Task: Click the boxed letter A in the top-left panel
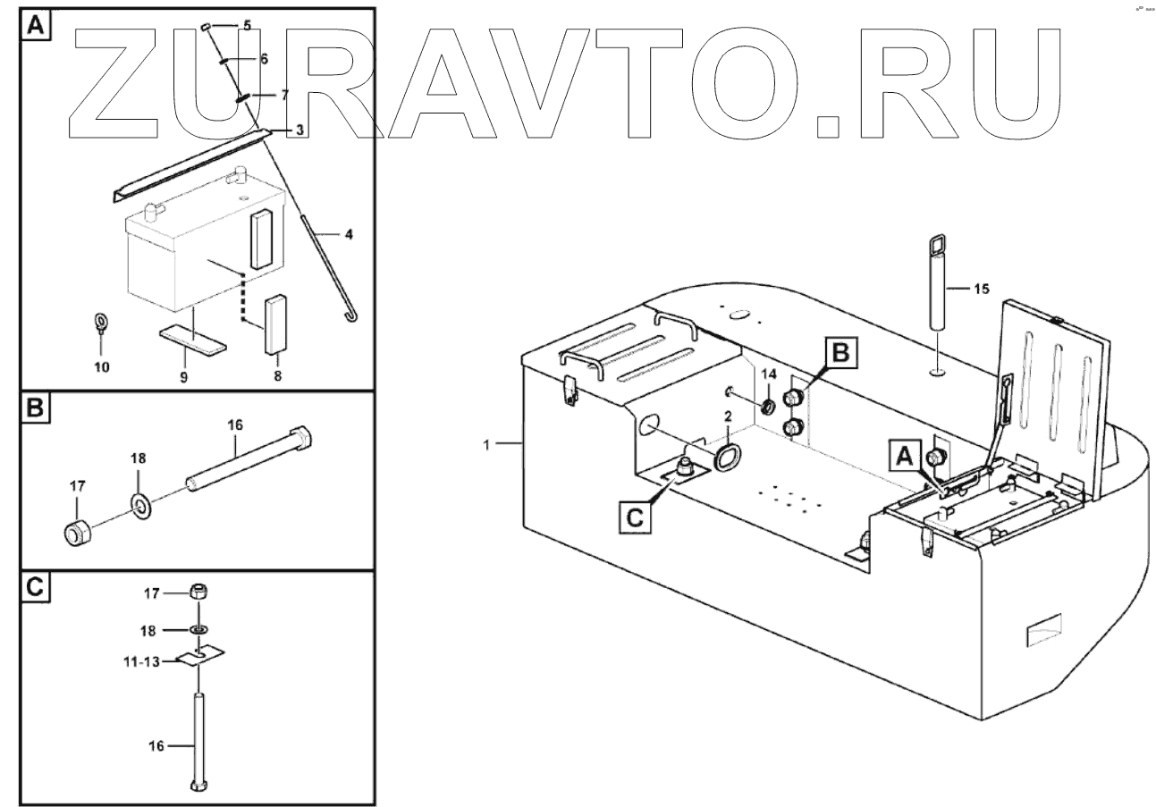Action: (35, 26)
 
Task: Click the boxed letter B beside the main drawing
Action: (840, 354)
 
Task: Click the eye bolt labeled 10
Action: (102, 324)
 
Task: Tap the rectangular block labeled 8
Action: (274, 325)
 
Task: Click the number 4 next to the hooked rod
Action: (349, 234)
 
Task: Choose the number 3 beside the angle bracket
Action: (300, 130)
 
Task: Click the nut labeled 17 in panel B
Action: (76, 531)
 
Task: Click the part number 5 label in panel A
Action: (246, 26)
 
